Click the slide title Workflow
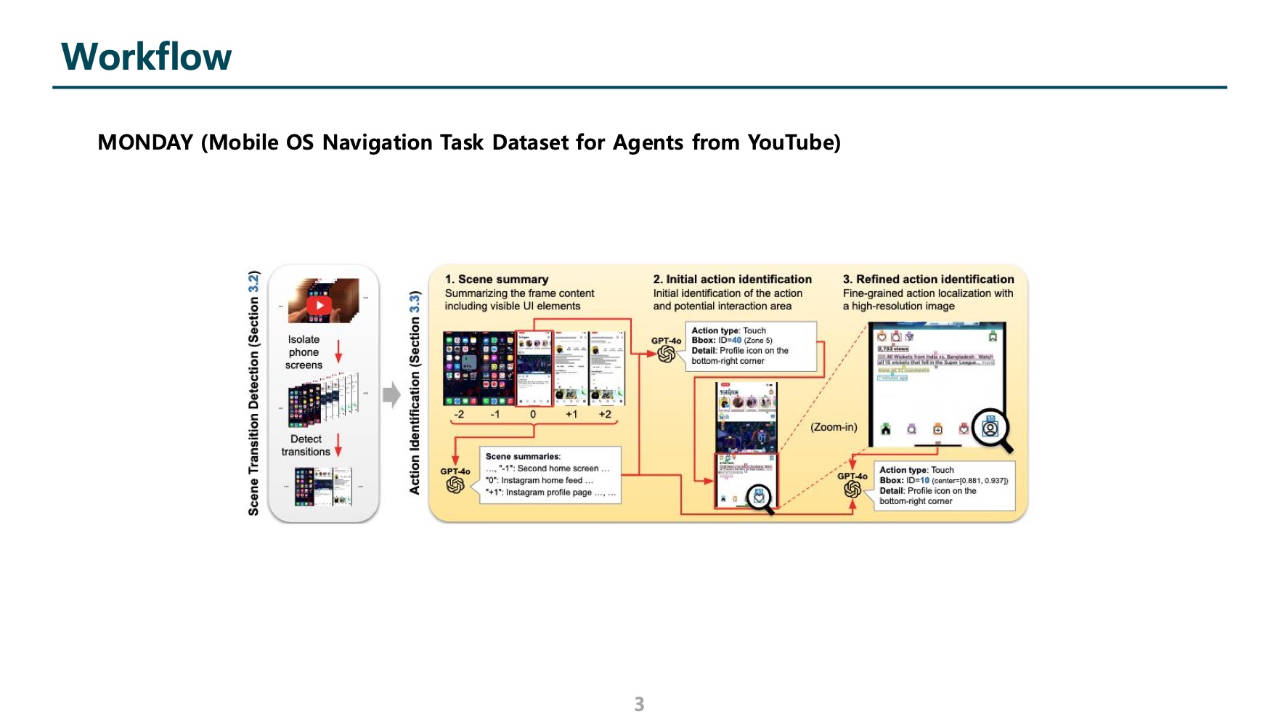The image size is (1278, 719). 147,57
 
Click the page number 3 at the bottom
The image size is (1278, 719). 639,704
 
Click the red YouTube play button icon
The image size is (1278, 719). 319,305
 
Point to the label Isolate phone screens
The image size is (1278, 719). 304,352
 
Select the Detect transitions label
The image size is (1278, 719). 306,445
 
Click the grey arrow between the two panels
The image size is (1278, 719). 391,394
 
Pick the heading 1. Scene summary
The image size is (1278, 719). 497,280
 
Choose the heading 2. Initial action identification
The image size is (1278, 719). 732,280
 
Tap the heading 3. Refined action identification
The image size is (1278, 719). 928,280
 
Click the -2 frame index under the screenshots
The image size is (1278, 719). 459,415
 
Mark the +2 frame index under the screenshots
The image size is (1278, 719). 604,415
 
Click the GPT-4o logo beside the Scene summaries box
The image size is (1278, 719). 455,484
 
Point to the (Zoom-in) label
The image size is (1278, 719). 834,427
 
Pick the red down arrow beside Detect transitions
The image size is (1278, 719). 338,444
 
